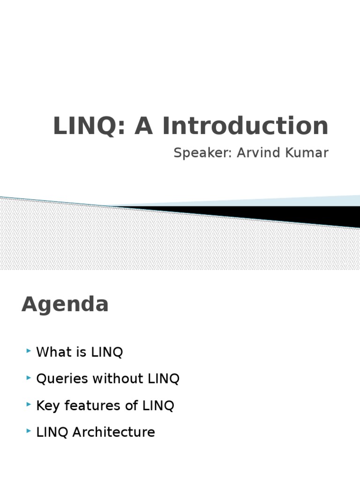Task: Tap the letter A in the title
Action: point(144,126)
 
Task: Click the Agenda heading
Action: point(65,305)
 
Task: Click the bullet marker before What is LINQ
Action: point(30,352)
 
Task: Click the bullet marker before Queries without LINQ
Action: point(30,378)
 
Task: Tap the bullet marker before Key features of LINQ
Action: point(30,405)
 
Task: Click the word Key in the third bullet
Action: point(48,405)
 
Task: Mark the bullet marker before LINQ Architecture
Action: point(30,431)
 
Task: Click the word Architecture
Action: point(113,432)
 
